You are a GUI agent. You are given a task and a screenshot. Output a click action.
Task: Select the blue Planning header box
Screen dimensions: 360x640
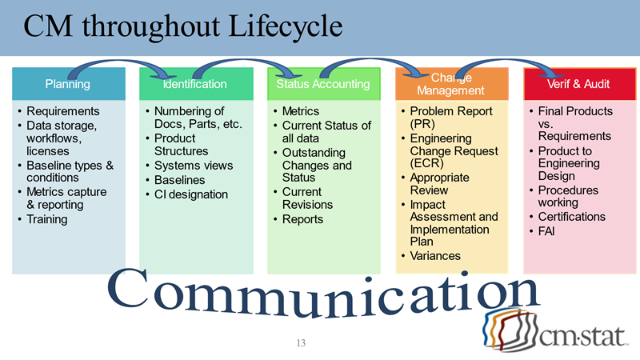pos(68,84)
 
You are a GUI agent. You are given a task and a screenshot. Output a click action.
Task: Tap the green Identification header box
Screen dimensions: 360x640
pos(195,84)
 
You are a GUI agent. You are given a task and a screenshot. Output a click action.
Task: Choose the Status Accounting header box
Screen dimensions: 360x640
pos(323,84)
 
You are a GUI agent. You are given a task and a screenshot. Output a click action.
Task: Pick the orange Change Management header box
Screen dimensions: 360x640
pos(451,84)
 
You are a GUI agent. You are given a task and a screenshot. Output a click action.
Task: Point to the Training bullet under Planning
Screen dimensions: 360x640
pos(47,218)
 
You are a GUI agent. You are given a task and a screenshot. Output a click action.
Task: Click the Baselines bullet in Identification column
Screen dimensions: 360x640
pos(179,181)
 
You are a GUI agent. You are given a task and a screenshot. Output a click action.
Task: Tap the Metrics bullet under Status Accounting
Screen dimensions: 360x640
pos(301,111)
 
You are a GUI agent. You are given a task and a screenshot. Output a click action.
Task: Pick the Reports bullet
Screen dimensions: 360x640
pos(302,219)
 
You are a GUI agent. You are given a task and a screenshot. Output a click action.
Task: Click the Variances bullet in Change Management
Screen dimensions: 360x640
pos(435,256)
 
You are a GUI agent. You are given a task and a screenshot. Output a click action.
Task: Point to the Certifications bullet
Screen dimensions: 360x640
pos(571,217)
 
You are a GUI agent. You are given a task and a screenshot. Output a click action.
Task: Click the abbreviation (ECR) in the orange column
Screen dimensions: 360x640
pos(426,164)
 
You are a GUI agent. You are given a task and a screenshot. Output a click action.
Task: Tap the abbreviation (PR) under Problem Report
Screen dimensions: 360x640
pos(422,125)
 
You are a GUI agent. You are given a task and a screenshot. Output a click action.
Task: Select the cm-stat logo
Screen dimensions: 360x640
pos(553,330)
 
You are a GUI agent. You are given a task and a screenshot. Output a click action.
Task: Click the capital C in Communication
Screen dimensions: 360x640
pos(129,294)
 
